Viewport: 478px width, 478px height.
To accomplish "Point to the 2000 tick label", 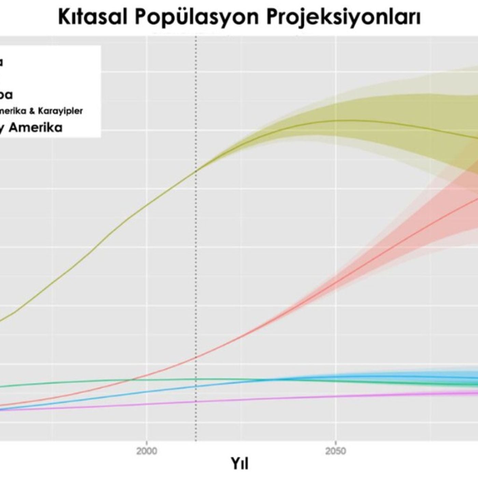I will pyautogui.click(x=147, y=451).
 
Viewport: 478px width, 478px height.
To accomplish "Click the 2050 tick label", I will pyautogui.click(x=336, y=451).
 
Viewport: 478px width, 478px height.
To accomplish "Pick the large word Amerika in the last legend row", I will pyautogui.click(x=36, y=128).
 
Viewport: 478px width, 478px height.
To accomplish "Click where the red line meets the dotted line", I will pyautogui.click(x=196, y=357).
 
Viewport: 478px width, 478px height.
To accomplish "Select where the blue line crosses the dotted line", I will pyautogui.click(x=196, y=386).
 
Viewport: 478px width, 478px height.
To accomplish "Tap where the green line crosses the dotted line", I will pyautogui.click(x=196, y=379).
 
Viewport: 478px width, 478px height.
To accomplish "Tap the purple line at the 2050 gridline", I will pyautogui.click(x=336, y=396).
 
